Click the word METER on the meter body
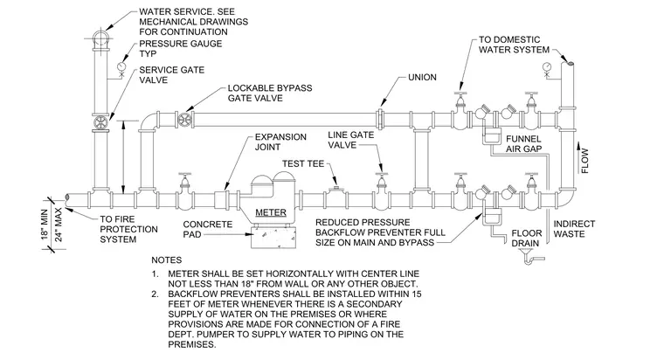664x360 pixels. [271, 212]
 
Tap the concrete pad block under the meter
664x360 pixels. [272, 237]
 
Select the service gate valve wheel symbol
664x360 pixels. [101, 123]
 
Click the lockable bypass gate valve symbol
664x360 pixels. [185, 120]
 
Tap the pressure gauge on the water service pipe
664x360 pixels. [121, 66]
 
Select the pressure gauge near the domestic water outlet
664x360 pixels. [547, 66]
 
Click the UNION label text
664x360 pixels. [422, 78]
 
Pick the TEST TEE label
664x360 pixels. [303, 163]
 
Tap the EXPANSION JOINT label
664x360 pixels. [280, 142]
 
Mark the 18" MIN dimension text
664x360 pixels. [45, 224]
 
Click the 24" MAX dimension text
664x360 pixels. [59, 225]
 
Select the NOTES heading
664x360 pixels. [166, 260]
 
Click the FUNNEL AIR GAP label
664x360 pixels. [524, 144]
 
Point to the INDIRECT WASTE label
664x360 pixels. [574, 229]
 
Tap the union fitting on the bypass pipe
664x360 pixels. [380, 121]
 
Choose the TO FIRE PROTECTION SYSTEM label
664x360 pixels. [128, 229]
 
